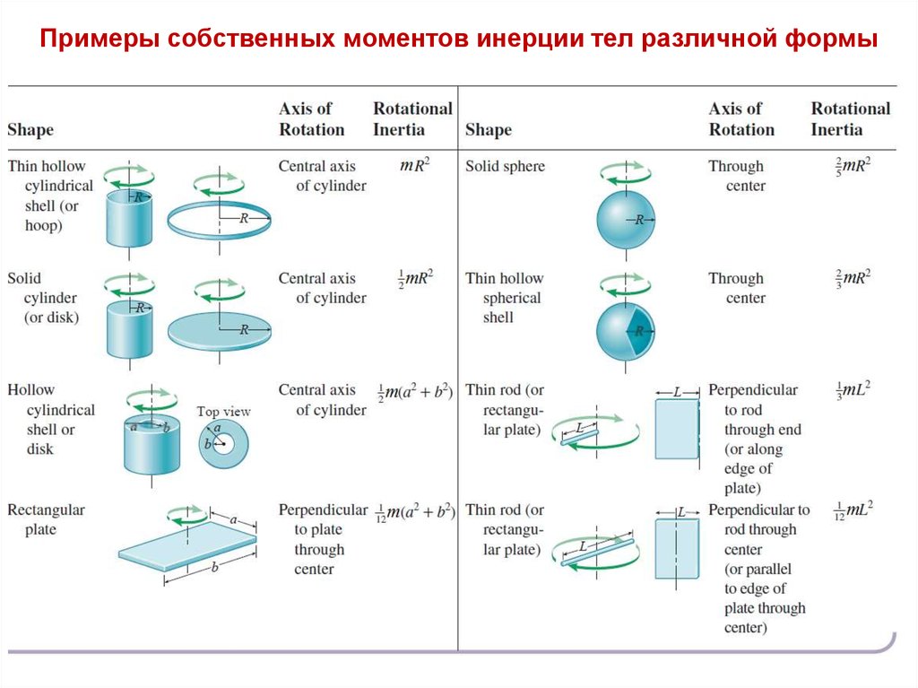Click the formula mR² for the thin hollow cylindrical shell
pos(414,165)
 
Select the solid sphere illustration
pos(626,220)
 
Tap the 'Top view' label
pos(223,412)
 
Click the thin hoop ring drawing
pos(219,234)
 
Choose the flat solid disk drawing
pos(219,331)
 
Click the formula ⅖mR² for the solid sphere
pos(853,165)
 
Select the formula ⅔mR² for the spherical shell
pos(853,278)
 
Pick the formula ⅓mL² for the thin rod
pos(853,389)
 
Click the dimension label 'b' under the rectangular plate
pos(215,567)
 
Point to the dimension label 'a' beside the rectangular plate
pos(234,519)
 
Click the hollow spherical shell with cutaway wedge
pos(626,331)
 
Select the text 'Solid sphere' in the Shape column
pos(505,166)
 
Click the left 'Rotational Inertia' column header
pos(412,118)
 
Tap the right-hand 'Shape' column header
pos(489,129)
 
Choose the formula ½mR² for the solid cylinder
pos(416,278)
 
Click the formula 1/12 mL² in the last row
pos(853,509)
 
